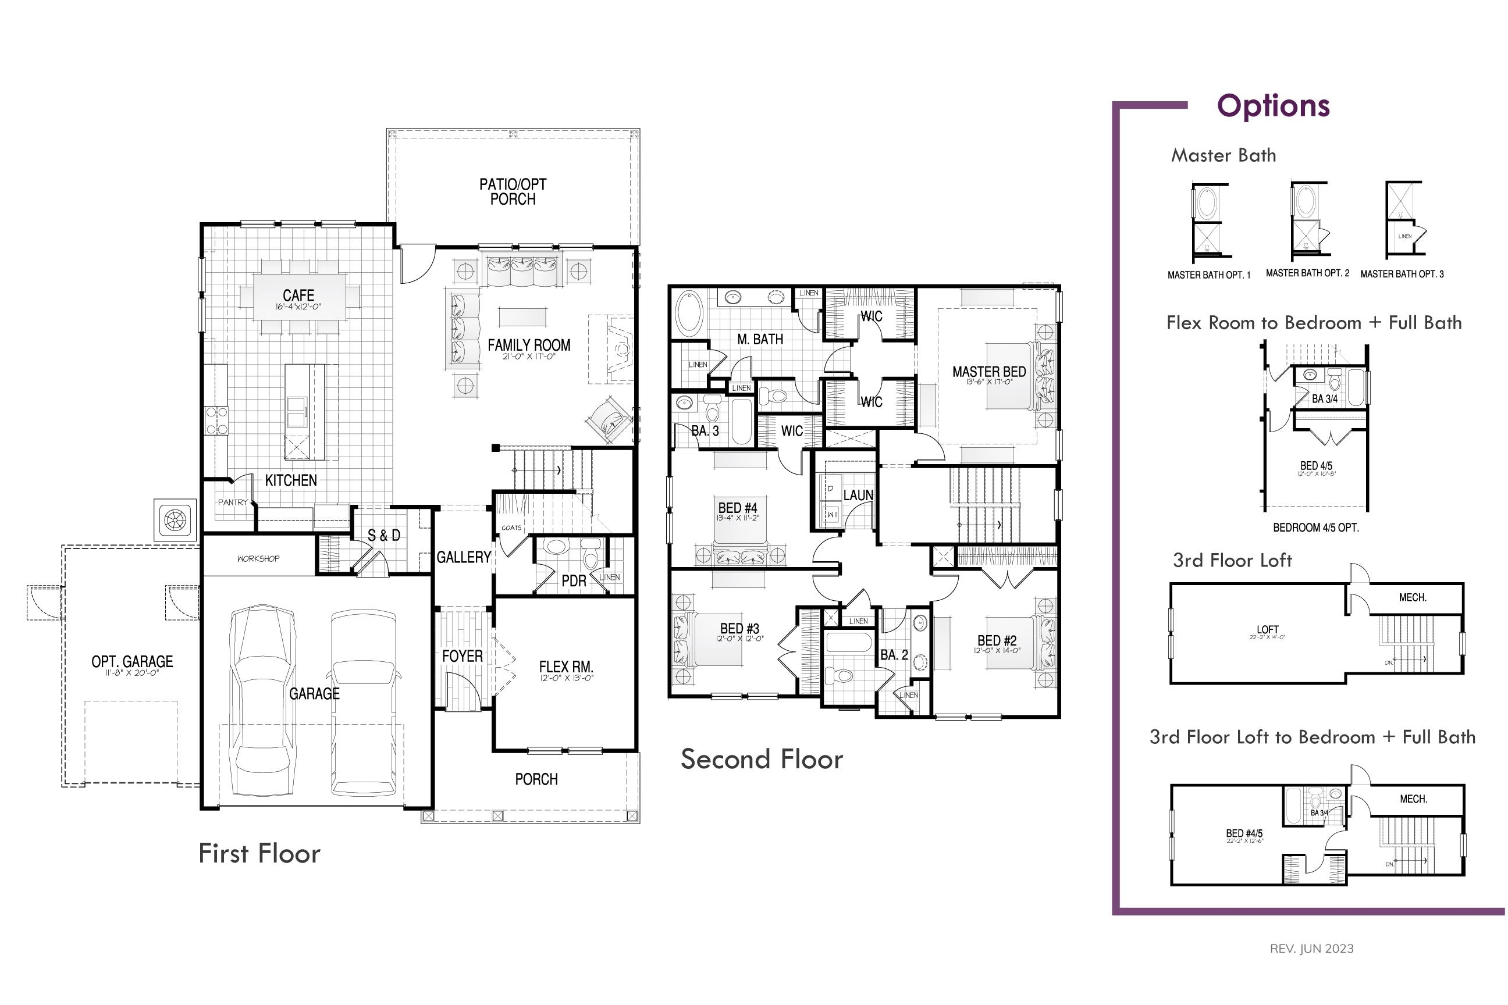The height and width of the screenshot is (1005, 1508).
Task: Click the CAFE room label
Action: [x=298, y=295]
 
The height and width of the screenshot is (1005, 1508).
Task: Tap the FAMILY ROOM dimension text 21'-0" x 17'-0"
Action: [x=528, y=357]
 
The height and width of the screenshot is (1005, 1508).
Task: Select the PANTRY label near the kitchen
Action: [x=232, y=502]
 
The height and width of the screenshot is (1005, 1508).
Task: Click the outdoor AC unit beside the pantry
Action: [x=175, y=519]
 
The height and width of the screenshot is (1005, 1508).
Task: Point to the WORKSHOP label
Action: [x=258, y=559]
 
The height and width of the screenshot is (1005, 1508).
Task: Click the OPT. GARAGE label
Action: [x=132, y=661]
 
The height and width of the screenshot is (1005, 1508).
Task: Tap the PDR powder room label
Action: [x=573, y=580]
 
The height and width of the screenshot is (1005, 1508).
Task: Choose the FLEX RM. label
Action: [x=565, y=667]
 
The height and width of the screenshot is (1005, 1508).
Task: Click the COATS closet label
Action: [x=511, y=528]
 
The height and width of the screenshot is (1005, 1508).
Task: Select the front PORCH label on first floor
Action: [x=536, y=779]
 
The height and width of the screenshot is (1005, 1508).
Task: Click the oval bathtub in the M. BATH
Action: [x=689, y=313]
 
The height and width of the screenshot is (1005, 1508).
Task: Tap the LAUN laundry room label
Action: [x=858, y=495]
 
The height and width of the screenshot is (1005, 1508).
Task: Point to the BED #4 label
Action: [x=737, y=508]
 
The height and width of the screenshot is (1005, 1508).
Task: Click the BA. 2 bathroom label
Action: [x=894, y=655]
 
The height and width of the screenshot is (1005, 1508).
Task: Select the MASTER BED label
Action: [x=988, y=372]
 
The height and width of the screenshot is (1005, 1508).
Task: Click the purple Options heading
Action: [x=1273, y=106]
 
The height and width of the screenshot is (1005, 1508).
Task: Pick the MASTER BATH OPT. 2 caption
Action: [x=1307, y=273]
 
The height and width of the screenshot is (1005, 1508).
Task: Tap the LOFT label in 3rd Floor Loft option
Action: [x=1267, y=629]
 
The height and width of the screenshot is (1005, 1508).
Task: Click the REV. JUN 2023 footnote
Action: [x=1311, y=949]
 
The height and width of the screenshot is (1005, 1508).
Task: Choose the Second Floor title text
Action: [x=761, y=759]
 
